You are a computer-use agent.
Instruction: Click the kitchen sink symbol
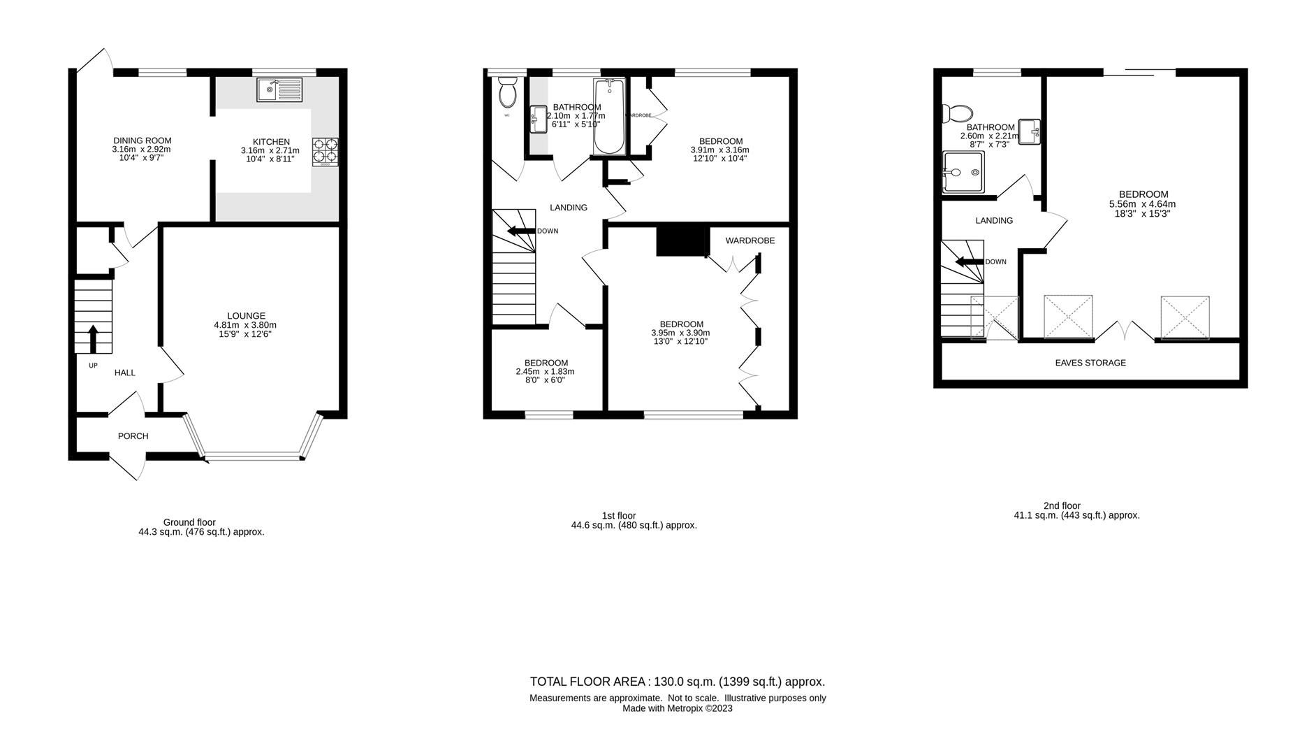(x=279, y=89)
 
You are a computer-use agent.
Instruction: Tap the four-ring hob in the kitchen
(x=325, y=151)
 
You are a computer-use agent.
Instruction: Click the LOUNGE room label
(x=246, y=316)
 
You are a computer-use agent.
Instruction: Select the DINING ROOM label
(x=142, y=141)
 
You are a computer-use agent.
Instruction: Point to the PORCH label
(x=133, y=436)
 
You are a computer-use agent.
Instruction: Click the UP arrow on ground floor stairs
(x=92, y=337)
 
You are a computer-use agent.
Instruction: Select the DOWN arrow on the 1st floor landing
(x=520, y=231)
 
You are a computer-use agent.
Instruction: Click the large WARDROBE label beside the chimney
(x=750, y=240)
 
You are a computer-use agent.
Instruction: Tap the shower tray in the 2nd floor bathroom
(x=963, y=172)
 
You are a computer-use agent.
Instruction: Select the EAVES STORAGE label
(x=1090, y=363)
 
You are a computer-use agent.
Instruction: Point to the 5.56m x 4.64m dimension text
(x=1142, y=204)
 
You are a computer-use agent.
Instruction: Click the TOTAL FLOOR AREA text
(x=677, y=682)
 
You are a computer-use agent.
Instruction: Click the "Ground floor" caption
(x=189, y=522)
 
